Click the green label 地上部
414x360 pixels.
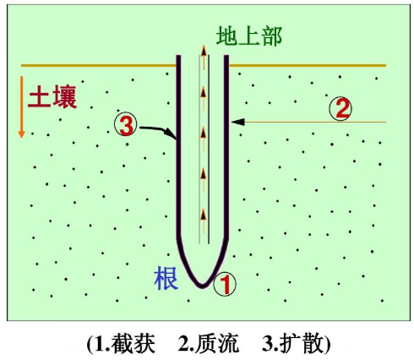[x=249, y=36]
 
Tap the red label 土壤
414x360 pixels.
[x=52, y=96]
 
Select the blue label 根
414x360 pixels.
[x=166, y=279]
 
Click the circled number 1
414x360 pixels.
[x=225, y=284]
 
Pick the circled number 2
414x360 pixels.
[x=340, y=109]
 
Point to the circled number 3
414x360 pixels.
[x=126, y=125]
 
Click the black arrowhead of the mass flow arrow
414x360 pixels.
[x=238, y=122]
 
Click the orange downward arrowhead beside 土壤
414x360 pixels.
[x=21, y=134]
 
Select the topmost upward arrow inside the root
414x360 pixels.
[x=204, y=57]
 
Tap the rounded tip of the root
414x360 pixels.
[x=202, y=286]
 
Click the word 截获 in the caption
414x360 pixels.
[x=133, y=344]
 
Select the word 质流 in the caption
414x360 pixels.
[x=217, y=344]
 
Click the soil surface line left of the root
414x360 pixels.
[x=99, y=66]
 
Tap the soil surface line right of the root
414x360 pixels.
[x=308, y=66]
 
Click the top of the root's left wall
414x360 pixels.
[x=178, y=56]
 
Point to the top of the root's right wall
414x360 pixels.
[x=226, y=56]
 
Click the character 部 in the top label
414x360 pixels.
[x=271, y=36]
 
